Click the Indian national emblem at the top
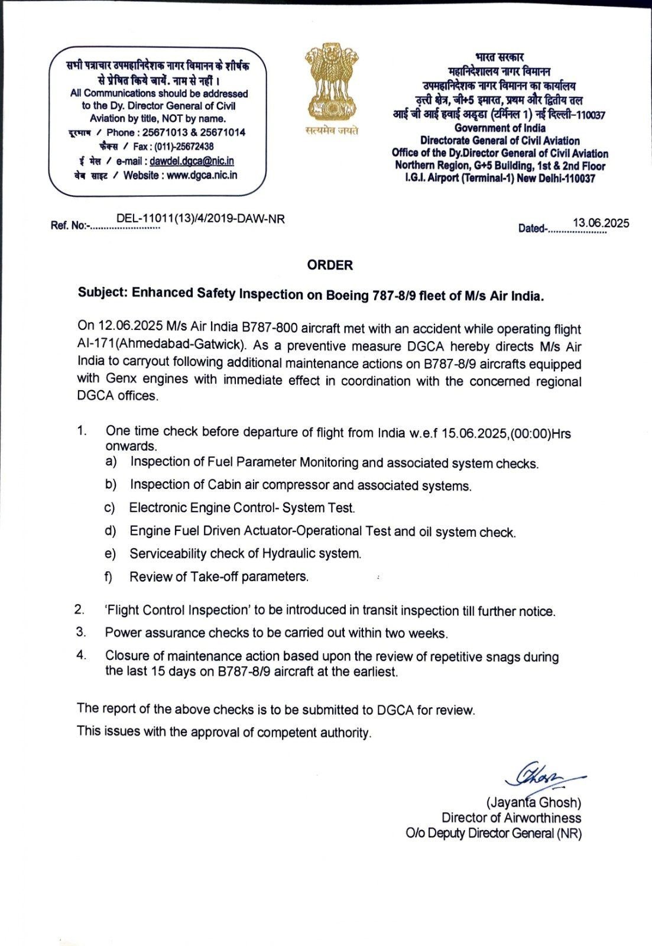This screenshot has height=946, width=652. (332, 83)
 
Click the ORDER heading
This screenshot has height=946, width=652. (330, 265)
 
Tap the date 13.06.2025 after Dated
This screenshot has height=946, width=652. (601, 223)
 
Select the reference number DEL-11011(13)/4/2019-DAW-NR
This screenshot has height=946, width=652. (200, 219)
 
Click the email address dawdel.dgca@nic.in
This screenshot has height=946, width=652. (192, 161)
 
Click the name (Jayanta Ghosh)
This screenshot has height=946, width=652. (533, 803)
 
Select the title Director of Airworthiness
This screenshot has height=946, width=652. (511, 818)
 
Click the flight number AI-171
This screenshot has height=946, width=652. (95, 345)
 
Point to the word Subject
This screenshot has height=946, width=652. (102, 293)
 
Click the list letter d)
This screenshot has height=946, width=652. (111, 531)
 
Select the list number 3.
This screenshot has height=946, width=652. (81, 632)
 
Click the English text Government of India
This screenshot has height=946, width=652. (499, 128)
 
